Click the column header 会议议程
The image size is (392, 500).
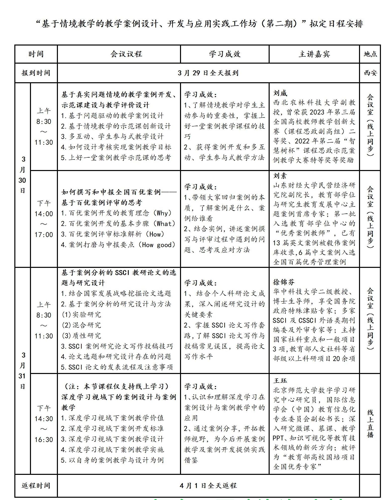(126, 54)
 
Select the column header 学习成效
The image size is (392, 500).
(225, 54)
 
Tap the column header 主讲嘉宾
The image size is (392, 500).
(314, 54)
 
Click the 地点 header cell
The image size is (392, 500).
(370, 54)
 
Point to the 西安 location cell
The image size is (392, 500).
(370, 73)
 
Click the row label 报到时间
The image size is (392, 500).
(36, 73)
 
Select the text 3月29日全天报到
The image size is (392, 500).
(208, 73)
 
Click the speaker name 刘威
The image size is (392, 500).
(280, 93)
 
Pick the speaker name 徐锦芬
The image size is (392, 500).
(284, 282)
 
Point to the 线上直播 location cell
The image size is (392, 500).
(370, 424)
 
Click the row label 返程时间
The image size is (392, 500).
(36, 486)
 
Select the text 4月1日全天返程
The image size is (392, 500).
(208, 486)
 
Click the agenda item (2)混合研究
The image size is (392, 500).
(81, 325)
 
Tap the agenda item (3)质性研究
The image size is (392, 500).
(81, 336)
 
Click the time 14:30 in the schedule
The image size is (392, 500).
(44, 419)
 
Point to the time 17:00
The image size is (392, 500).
(44, 235)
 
